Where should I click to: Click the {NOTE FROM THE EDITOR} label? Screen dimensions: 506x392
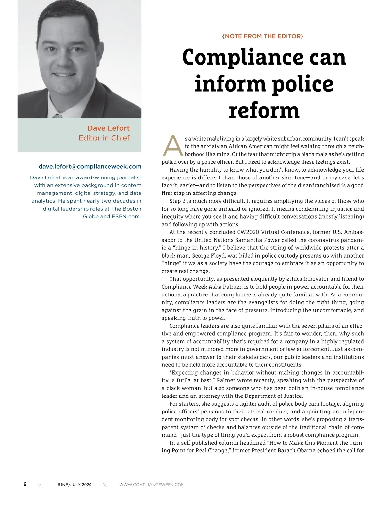tap(263, 36)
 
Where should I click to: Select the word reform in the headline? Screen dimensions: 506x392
tap(264, 110)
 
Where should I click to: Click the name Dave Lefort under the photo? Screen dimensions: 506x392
tap(108, 128)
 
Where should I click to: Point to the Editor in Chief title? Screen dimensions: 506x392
tap(104, 138)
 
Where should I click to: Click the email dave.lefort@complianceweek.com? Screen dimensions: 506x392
tap(90, 166)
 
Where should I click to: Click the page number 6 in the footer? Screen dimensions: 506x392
tap(25, 484)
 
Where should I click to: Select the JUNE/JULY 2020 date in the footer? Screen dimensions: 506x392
tap(74, 485)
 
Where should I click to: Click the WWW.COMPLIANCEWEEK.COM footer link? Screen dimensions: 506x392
tap(152, 485)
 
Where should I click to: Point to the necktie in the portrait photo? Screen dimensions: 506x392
tap(58, 115)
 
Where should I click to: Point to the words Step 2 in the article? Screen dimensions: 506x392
tap(178, 201)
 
